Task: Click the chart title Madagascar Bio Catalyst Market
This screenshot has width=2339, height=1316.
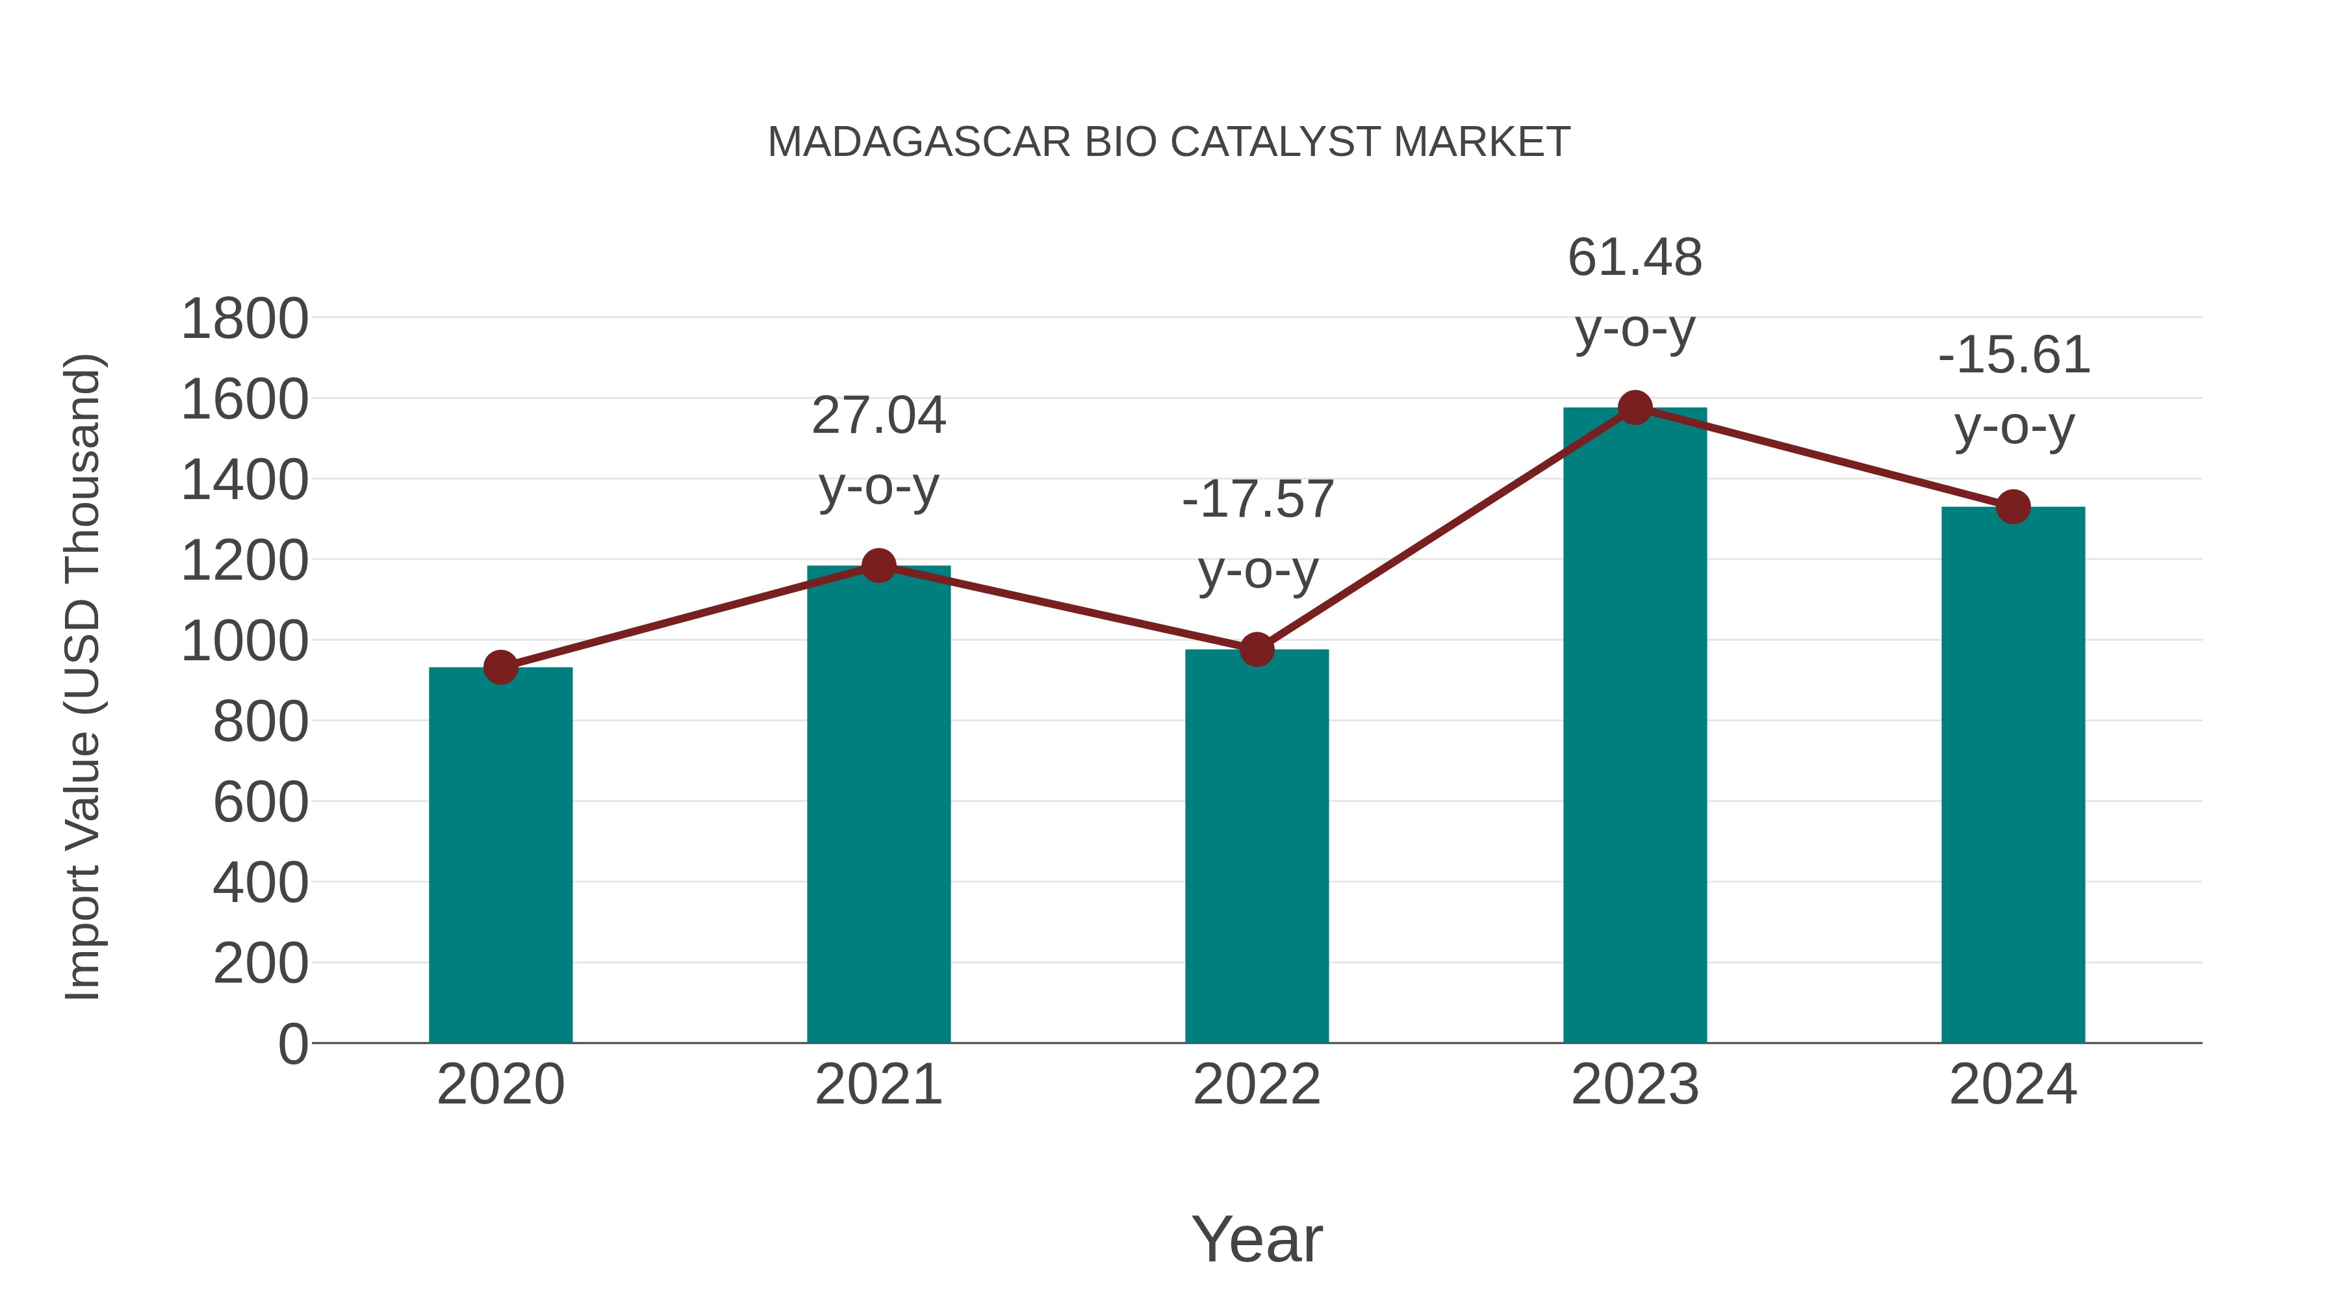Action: point(1169,142)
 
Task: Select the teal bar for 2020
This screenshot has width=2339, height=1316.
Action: point(500,855)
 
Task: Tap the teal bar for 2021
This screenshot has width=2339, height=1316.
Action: point(878,804)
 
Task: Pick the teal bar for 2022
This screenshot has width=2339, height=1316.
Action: point(1257,845)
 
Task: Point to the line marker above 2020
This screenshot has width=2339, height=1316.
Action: point(500,667)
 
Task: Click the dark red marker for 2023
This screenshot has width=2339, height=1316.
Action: point(1635,407)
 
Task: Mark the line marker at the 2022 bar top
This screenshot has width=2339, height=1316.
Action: point(1257,649)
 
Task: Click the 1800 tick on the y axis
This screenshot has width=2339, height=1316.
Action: point(244,320)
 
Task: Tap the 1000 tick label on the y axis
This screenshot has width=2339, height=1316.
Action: point(244,642)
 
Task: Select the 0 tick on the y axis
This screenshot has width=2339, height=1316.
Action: point(293,1044)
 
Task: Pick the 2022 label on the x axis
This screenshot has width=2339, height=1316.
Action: point(1257,1085)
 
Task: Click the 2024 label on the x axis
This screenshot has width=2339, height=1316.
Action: point(2013,1085)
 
